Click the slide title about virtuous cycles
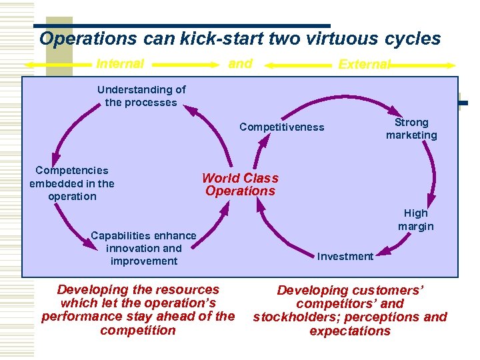tap(240, 39)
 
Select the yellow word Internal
tap(120, 64)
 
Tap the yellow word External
tap(364, 65)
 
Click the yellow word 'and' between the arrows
tap(240, 64)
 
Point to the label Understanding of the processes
tap(141, 96)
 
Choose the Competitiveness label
tap(281, 127)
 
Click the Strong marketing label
tap(411, 129)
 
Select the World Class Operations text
tap(240, 185)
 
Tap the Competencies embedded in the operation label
tap(71, 183)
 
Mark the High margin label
tap(415, 219)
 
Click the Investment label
tap(345, 257)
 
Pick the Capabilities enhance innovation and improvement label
tap(143, 248)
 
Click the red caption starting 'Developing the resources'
tap(138, 309)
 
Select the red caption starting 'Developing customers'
tap(350, 310)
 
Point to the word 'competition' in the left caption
tap(138, 330)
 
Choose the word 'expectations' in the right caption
tap(350, 331)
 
